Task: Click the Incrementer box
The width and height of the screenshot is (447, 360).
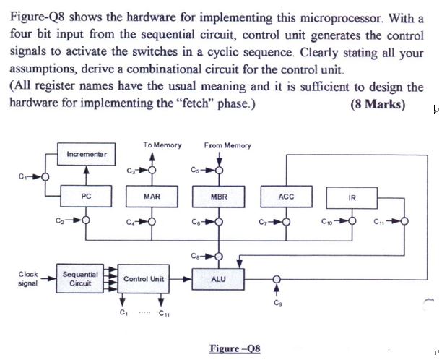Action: point(86,155)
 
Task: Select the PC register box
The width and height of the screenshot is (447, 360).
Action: point(86,196)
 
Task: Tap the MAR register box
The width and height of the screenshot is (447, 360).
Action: point(152,196)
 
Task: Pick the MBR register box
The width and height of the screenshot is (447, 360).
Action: point(219,196)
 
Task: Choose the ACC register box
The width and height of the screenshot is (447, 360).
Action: point(287,196)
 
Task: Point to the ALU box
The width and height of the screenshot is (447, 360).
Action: point(219,278)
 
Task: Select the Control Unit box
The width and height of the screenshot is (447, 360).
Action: point(144,278)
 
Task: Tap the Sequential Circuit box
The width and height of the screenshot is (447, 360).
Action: point(77,278)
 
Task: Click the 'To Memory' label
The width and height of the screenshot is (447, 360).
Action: point(162,145)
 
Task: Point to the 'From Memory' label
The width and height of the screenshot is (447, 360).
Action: point(227,145)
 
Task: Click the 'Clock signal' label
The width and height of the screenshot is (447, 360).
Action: point(28,278)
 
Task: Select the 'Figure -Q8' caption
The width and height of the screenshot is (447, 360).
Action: point(235,348)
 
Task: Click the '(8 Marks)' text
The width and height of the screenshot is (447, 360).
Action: point(378,103)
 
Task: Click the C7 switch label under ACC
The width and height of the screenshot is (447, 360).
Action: point(263,221)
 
